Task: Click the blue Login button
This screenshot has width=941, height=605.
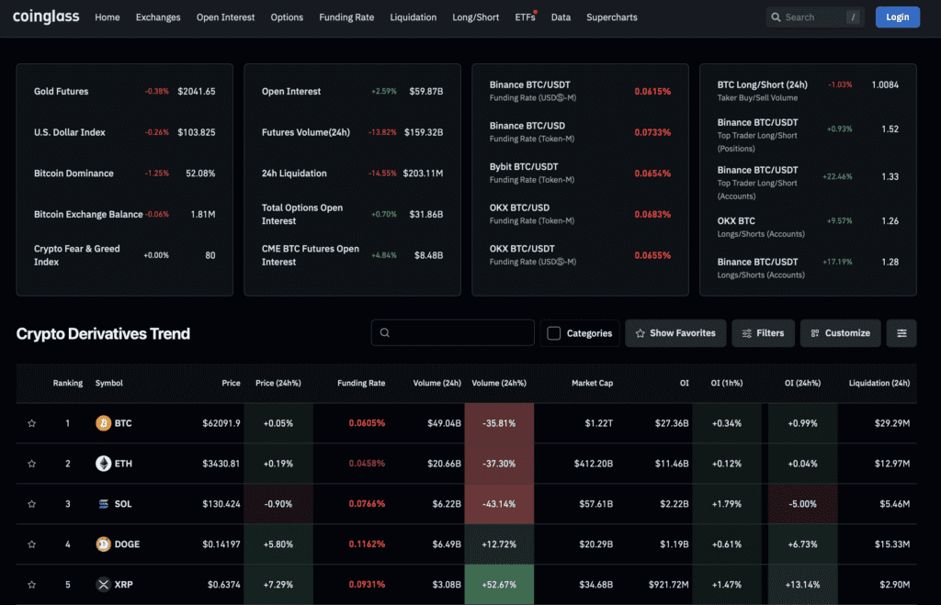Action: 897,17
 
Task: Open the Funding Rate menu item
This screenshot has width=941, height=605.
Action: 346,17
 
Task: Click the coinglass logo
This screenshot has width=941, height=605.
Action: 46,17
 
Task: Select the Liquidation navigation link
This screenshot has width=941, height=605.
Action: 414,17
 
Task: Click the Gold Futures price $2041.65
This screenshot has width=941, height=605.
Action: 196,91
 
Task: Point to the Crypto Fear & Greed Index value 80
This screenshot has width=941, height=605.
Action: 210,255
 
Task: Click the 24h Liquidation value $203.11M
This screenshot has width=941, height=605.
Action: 424,174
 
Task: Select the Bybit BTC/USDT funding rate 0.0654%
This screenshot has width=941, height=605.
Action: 652,174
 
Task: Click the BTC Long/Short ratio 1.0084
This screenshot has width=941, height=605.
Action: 884,84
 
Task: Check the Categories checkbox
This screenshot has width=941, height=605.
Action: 553,333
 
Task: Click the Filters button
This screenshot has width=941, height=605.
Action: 763,333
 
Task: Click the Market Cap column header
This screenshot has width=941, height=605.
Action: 592,383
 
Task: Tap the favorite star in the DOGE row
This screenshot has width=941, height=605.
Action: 32,544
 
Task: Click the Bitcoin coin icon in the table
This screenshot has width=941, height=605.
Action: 103,423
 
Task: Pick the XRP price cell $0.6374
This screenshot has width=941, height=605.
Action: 221,585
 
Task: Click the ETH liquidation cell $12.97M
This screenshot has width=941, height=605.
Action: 888,464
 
